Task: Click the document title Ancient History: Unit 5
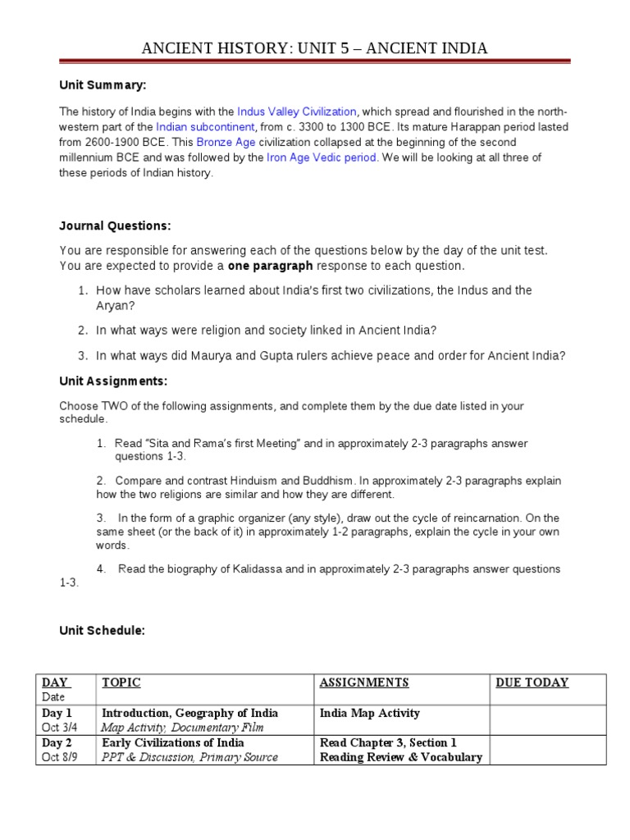pyautogui.click(x=315, y=48)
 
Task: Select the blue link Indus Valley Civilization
pyautogui.click(x=297, y=112)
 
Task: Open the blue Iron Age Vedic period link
pyautogui.click(x=322, y=157)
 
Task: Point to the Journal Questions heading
pyautogui.click(x=115, y=226)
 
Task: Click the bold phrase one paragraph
pyautogui.click(x=270, y=266)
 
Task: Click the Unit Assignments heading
pyautogui.click(x=113, y=381)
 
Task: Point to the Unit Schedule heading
pyautogui.click(x=102, y=630)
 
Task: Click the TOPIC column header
pyautogui.click(x=121, y=682)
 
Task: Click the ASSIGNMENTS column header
pyautogui.click(x=364, y=682)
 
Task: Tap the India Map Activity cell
pyautogui.click(x=370, y=713)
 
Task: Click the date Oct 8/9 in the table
pyautogui.click(x=62, y=757)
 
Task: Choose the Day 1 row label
pyautogui.click(x=57, y=713)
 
